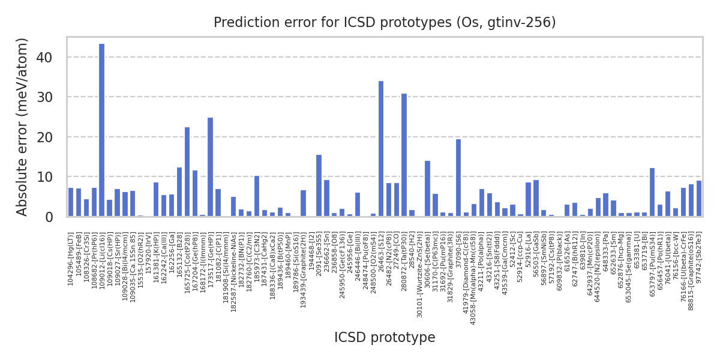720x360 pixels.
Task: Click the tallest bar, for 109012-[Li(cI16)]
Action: [x=101, y=130]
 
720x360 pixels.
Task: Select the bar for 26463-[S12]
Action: [x=381, y=149]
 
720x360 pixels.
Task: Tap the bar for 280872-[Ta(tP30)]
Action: [x=404, y=155]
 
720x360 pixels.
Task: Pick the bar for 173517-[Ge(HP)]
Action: [x=210, y=167]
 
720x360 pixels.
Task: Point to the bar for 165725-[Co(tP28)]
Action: [x=187, y=172]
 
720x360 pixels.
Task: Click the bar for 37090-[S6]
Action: [x=458, y=178]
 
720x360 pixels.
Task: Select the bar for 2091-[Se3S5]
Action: [x=319, y=185]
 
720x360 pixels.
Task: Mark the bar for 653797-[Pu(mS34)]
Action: [x=652, y=192]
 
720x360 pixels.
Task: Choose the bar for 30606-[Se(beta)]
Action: [x=427, y=188]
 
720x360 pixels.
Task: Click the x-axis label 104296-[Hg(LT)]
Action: [x=71, y=259]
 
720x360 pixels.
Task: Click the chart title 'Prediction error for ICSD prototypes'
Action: [x=385, y=23]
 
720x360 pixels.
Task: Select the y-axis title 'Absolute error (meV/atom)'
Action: [x=22, y=127]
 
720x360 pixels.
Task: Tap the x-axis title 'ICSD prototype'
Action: [x=385, y=338]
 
